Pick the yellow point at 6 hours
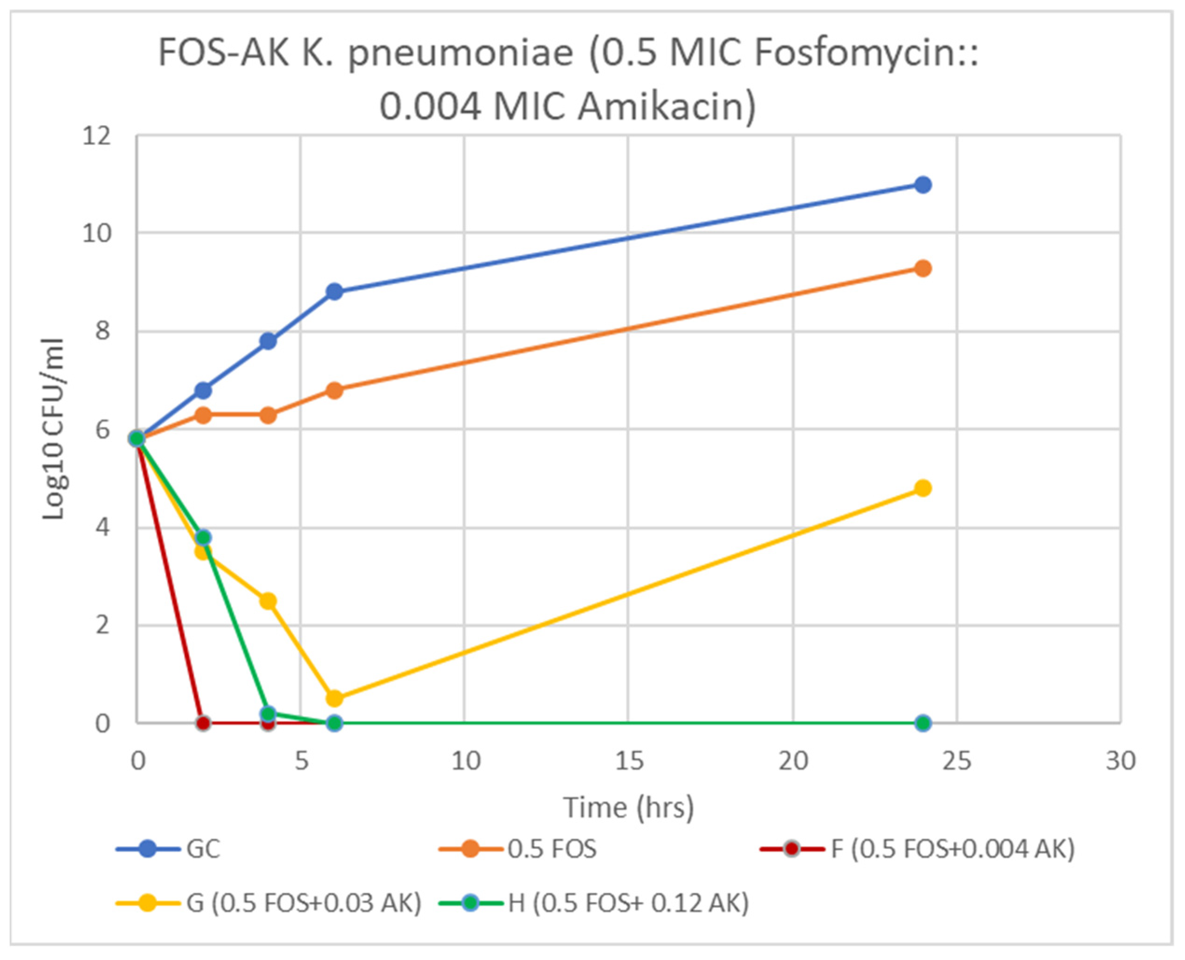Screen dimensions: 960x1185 [x=334, y=699]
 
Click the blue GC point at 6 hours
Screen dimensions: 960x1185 [x=334, y=292]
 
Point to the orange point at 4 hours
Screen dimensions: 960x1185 [x=268, y=415]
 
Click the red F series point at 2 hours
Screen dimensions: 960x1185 [x=203, y=723]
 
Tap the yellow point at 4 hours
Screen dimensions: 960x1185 [x=268, y=601]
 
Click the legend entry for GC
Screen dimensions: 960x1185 [x=202, y=849]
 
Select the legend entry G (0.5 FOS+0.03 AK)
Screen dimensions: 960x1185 [x=303, y=903]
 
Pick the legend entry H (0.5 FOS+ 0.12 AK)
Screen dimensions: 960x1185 [x=627, y=903]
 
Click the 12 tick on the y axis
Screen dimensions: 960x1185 [x=97, y=136]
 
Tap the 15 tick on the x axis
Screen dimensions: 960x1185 [x=629, y=761]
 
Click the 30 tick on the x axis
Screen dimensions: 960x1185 [x=1120, y=761]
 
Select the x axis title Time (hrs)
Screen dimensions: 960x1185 [x=629, y=808]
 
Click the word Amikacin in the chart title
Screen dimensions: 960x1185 [x=666, y=106]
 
